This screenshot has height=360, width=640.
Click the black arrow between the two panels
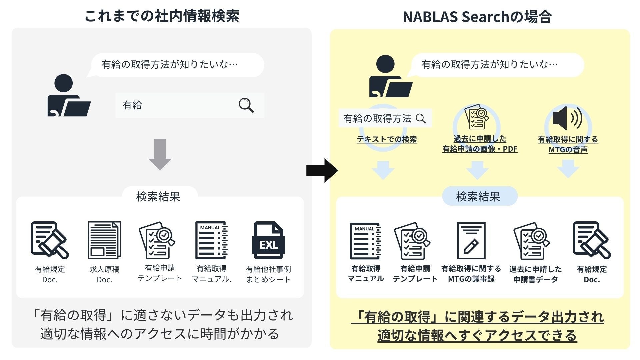tap(322, 170)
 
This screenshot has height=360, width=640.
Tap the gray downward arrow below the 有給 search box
tap(160, 154)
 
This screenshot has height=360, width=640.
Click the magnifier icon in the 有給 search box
tap(246, 105)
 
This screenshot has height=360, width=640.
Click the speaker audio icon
tap(567, 118)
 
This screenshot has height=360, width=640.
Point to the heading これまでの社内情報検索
tap(162, 16)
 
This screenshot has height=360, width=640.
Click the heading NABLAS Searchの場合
tap(477, 17)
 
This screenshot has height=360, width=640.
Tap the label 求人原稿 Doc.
tap(104, 274)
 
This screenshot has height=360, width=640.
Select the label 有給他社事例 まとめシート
tap(268, 274)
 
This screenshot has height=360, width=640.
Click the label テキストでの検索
tap(387, 139)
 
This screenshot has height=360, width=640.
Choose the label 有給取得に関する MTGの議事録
tap(471, 274)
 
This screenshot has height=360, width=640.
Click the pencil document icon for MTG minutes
tap(471, 241)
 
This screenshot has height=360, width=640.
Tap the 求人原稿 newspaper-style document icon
tap(104, 240)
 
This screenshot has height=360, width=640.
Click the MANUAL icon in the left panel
tap(211, 240)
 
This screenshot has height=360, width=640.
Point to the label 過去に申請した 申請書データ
tap(535, 274)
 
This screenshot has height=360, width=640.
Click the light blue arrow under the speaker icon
tap(568, 169)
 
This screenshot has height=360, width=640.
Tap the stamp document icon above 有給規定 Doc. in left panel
tap(50, 240)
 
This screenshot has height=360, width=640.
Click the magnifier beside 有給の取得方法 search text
tap(421, 118)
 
